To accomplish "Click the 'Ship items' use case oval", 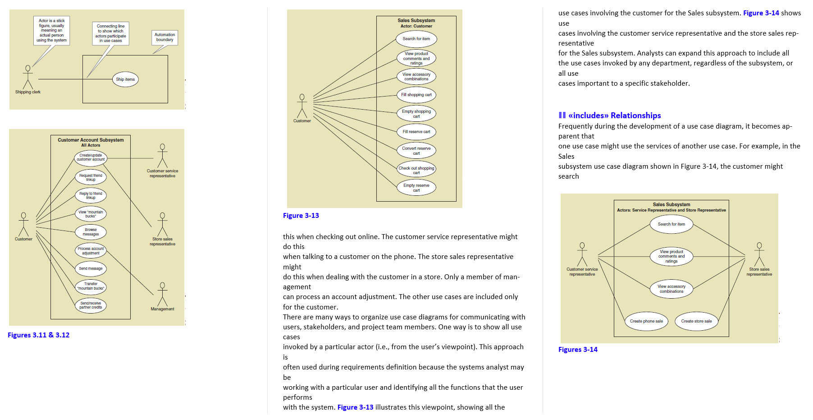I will (125, 79).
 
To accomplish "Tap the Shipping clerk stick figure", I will (28, 78).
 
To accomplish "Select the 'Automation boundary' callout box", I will (164, 37).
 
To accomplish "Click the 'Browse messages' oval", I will (91, 232).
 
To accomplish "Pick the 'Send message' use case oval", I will (91, 268).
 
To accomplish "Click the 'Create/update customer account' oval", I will (91, 157).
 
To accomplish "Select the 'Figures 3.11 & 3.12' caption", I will (39, 335).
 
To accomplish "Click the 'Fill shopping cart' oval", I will (416, 95).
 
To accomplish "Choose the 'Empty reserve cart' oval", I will (416, 188).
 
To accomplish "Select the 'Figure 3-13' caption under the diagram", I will (301, 216).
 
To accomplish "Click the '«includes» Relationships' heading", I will (614, 115).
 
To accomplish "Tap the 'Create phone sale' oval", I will (646, 321).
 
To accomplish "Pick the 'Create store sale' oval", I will (696, 321).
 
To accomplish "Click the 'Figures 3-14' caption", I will (578, 350).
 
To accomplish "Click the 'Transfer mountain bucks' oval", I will (91, 286).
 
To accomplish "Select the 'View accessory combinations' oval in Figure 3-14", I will (671, 289).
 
